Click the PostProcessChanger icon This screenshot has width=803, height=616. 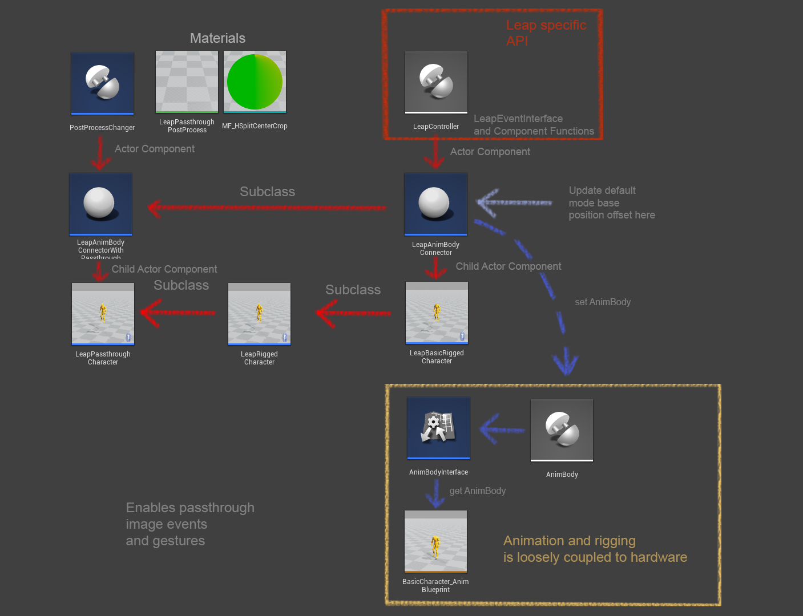tap(103, 83)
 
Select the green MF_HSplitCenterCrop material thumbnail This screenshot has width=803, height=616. tap(255, 82)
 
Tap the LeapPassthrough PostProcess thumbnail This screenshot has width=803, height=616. tap(187, 82)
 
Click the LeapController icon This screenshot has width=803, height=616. tap(436, 82)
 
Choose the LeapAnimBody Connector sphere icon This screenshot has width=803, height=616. tap(435, 204)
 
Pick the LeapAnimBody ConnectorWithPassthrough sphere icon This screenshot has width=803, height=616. tap(100, 204)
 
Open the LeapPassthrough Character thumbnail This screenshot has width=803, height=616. tap(103, 314)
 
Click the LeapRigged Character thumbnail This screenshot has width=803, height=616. tap(259, 314)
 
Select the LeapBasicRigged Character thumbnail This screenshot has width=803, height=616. tap(437, 313)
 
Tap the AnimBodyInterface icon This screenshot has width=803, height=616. tap(438, 428)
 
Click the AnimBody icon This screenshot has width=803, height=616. tap(562, 429)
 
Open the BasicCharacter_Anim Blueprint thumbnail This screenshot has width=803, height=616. tap(435, 541)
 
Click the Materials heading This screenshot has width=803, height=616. tap(217, 38)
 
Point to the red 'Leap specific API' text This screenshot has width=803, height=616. tap(546, 33)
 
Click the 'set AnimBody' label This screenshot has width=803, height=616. tap(603, 302)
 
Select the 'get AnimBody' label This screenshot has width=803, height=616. tap(477, 491)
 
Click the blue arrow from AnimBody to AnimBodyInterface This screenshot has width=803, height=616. tap(502, 429)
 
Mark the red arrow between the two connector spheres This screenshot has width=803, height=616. tap(267, 208)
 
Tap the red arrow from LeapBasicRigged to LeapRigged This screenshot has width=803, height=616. tap(353, 313)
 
